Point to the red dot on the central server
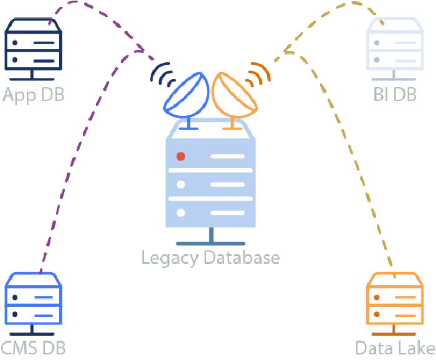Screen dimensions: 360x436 181,156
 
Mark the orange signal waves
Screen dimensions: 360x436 259,73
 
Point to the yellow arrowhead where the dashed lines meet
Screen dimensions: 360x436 287,50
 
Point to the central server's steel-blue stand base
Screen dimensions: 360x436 211,244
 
